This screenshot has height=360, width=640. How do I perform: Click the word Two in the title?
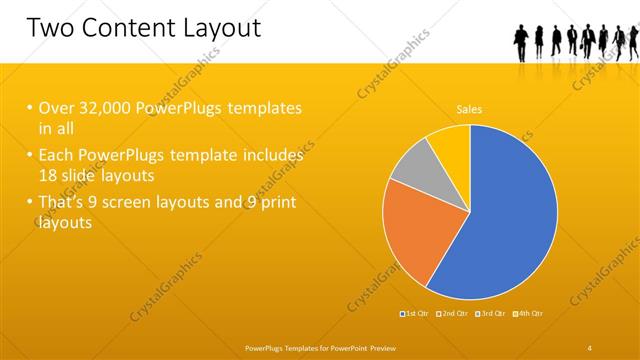click(x=50, y=27)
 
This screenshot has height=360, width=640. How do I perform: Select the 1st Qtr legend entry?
click(x=417, y=314)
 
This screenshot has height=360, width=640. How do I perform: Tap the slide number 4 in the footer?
click(x=590, y=347)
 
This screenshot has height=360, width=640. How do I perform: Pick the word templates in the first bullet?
click(x=262, y=108)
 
